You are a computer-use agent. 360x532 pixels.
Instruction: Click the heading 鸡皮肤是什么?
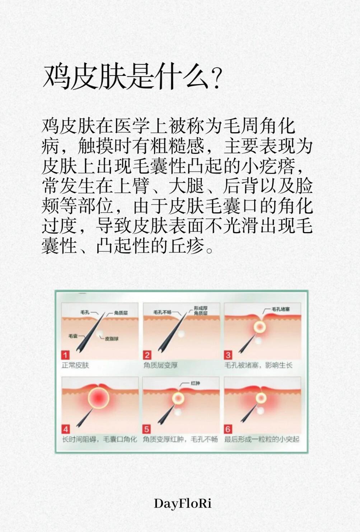pos(132,78)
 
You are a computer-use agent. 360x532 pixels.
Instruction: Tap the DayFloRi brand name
pos(182,504)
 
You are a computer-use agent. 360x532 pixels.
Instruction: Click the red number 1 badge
pos(65,355)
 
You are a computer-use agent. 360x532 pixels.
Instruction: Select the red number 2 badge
pos(147,355)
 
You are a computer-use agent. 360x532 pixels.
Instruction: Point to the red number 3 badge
pos(228,355)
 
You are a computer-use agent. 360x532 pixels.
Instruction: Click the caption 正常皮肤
pos(75,365)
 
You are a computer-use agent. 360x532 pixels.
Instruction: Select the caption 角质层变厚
pos(160,365)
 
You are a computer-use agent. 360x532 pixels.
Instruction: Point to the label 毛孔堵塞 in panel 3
pos(281,309)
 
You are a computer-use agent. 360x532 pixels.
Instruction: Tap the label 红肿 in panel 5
pos(195,383)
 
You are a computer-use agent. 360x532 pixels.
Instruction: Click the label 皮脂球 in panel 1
pos(112,339)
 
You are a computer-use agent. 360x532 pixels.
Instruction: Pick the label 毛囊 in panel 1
pos(73,336)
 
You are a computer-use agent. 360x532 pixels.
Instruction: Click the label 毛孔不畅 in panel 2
pos(162,312)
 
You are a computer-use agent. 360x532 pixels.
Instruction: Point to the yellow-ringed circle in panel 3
pos(260,327)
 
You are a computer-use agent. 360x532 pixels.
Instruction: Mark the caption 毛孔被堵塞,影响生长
pos(258,365)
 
